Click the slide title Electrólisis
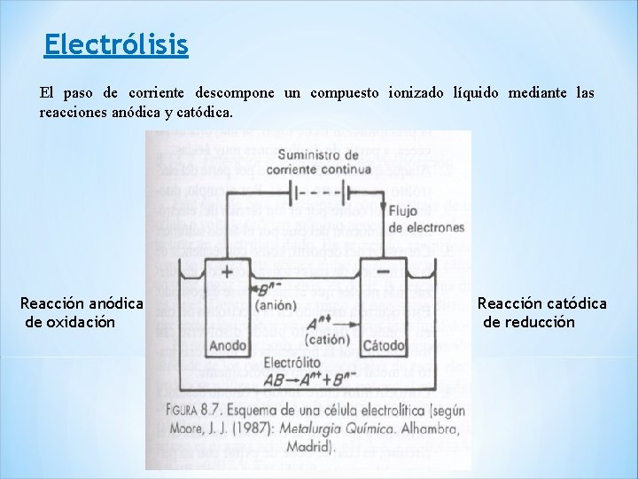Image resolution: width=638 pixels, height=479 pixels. (x=116, y=44)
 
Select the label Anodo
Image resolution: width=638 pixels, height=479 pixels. (x=229, y=345)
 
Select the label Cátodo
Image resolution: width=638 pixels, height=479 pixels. (x=385, y=344)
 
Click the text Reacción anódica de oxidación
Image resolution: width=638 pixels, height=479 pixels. (x=82, y=313)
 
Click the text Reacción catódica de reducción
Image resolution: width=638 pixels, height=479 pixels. (x=541, y=313)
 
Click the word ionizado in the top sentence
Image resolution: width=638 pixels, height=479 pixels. (x=416, y=93)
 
